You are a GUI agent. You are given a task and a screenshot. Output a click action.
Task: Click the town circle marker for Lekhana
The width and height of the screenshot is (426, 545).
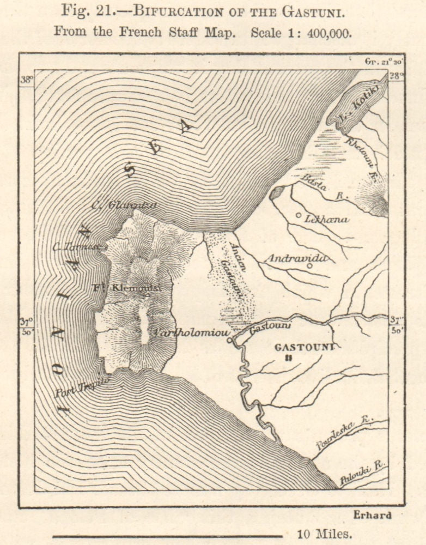click(299, 215)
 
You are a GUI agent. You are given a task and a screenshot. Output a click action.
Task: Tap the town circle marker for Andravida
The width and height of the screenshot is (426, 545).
click(309, 266)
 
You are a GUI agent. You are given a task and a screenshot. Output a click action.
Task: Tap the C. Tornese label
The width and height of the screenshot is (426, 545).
click(76, 246)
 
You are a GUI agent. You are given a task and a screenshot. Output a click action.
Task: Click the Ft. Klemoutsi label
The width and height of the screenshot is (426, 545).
click(132, 287)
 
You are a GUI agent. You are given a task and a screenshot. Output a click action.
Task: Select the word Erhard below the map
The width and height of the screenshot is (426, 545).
click(372, 515)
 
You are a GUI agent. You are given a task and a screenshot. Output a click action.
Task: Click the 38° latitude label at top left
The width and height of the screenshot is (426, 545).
click(27, 80)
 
